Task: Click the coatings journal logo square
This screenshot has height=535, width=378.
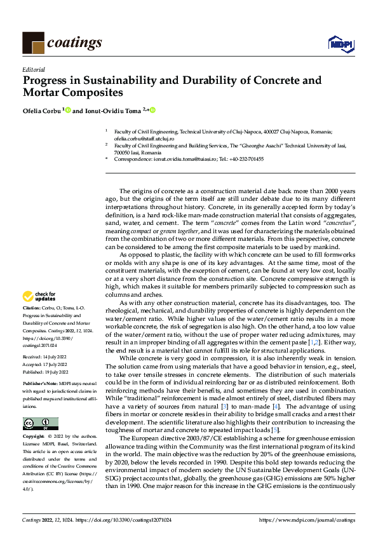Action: pos(33,43)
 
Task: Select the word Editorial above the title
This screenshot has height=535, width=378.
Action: pos(32,71)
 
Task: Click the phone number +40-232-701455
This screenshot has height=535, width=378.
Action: pos(245,159)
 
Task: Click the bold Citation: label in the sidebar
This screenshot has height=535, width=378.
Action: pos(32,307)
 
